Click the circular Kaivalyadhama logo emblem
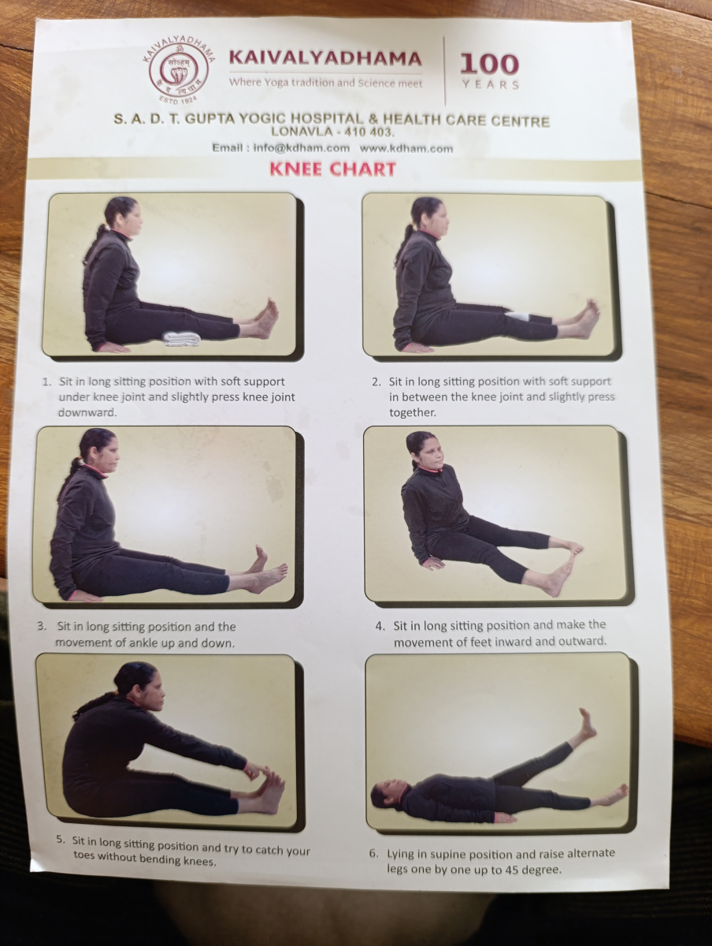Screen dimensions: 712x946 click(x=176, y=72)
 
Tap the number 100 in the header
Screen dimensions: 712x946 click(x=490, y=64)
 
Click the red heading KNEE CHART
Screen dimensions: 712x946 click(x=332, y=169)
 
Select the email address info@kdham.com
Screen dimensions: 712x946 click(x=302, y=148)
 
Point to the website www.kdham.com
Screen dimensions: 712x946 click(x=406, y=149)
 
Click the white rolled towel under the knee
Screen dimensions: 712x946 click(x=183, y=340)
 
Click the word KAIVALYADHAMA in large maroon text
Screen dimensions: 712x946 click(x=325, y=58)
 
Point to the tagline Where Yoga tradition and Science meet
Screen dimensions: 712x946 click(x=325, y=82)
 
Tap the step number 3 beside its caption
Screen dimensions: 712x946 click(x=42, y=626)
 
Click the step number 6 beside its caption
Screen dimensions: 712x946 click(x=373, y=854)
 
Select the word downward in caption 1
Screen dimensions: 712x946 click(x=87, y=412)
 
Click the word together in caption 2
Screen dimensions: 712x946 click(x=413, y=412)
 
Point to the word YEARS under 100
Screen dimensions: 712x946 click(x=491, y=84)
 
